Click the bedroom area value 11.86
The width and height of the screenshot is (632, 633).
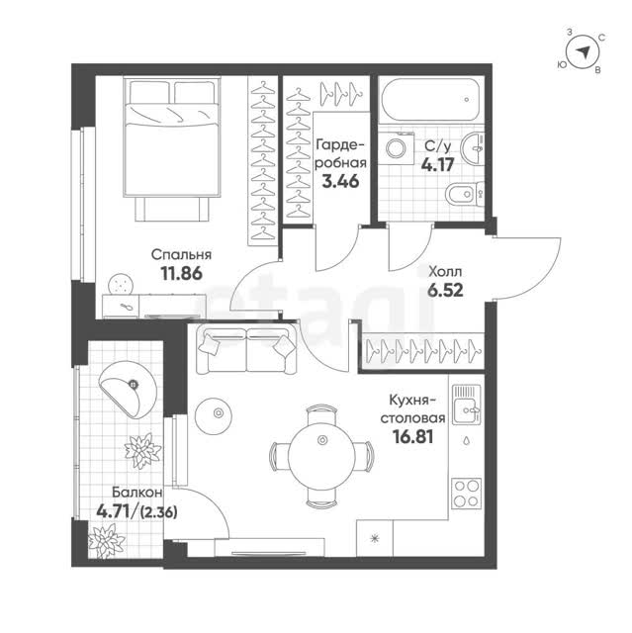click(x=181, y=273)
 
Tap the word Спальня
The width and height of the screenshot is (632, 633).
click(x=181, y=255)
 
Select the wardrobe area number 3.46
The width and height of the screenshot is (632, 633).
click(x=340, y=181)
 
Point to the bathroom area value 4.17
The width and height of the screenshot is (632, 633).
click(x=438, y=164)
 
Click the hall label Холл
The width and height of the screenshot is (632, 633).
click(x=445, y=272)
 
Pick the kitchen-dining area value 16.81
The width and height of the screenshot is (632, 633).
click(x=413, y=436)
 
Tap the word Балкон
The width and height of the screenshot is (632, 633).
click(x=137, y=493)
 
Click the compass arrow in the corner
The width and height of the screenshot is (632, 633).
click(x=583, y=51)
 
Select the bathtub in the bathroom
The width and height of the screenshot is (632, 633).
click(x=431, y=99)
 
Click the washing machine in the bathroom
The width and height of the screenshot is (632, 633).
click(x=398, y=147)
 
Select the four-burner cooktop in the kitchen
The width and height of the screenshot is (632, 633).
click(x=467, y=493)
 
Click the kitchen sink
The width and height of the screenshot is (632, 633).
click(x=467, y=405)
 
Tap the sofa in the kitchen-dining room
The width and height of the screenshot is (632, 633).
click(x=246, y=350)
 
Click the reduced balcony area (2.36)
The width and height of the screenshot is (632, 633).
click(x=158, y=512)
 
